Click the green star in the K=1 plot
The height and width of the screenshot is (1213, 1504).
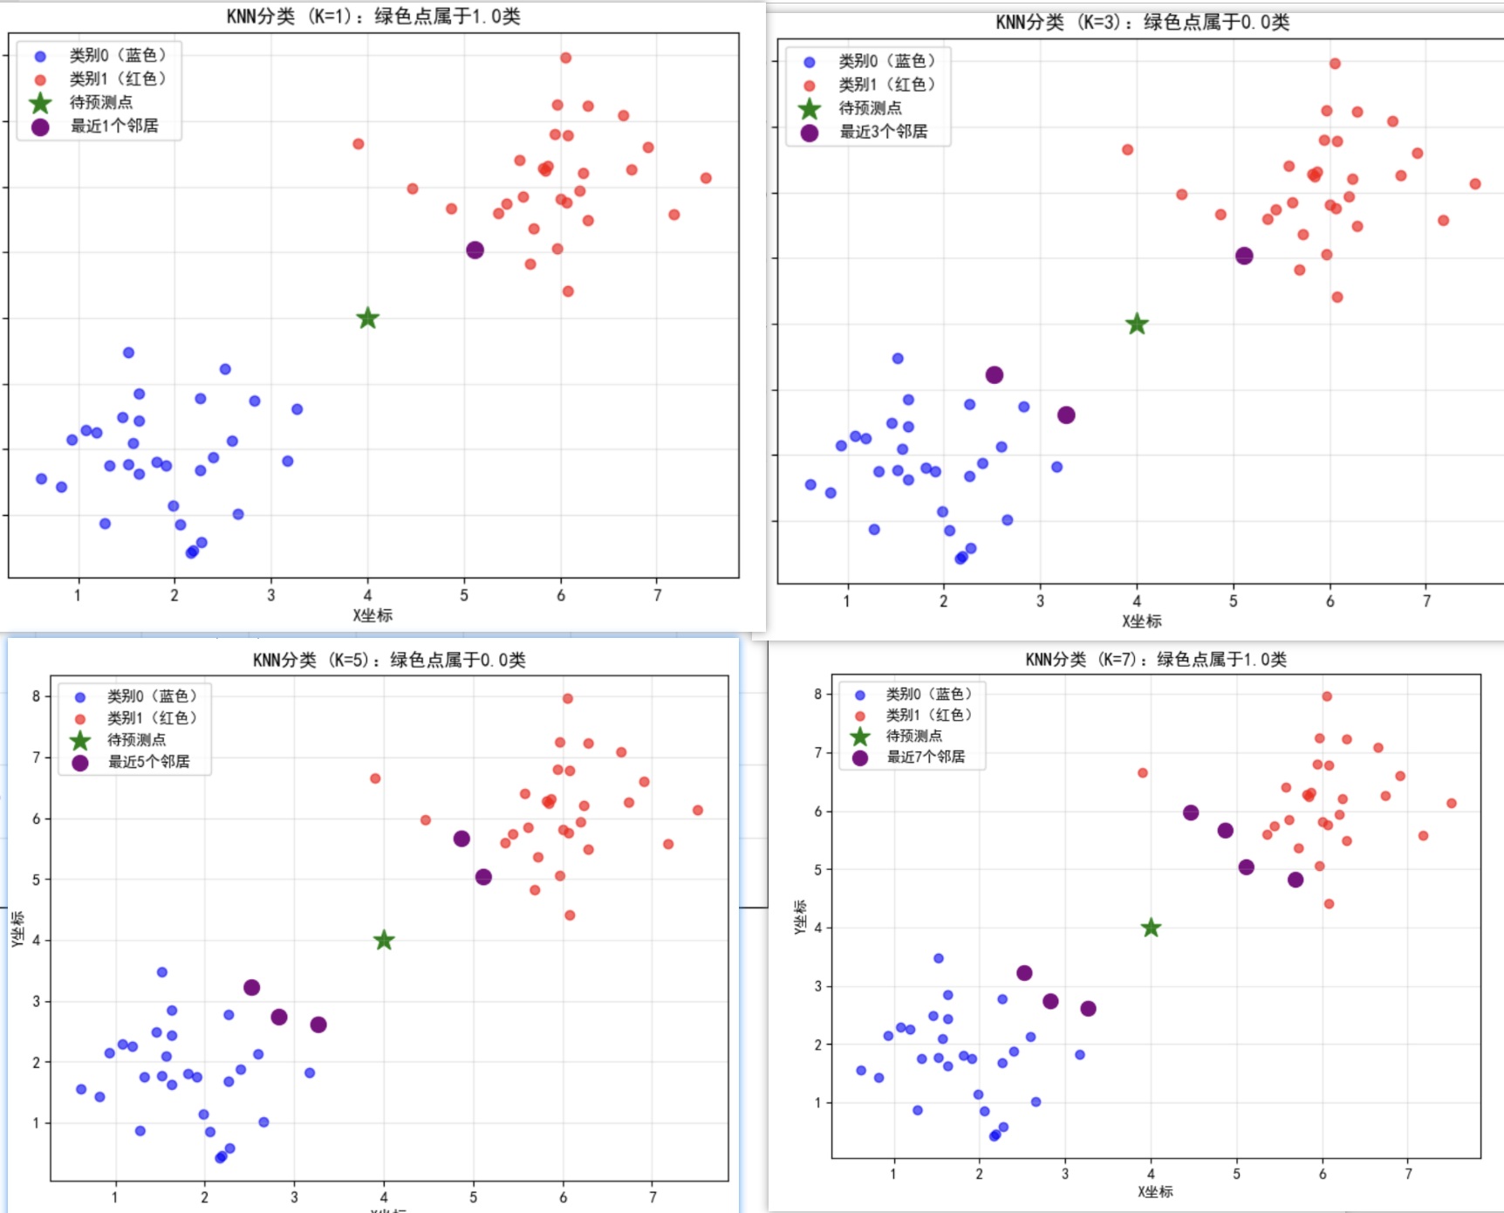pos(367,319)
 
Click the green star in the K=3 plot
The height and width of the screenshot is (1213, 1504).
pos(1137,325)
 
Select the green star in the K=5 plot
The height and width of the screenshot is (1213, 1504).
pos(384,940)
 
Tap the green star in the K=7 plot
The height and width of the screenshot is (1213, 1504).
pos(1151,928)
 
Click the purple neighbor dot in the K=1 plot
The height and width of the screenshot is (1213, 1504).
pos(475,250)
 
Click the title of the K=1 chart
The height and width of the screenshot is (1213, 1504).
pos(373,17)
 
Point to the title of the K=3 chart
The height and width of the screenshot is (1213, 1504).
pos(1142,23)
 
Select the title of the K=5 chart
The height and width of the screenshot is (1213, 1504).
pos(389,660)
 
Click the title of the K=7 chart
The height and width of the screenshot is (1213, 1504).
pos(1156,659)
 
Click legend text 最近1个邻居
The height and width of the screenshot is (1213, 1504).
pos(114,126)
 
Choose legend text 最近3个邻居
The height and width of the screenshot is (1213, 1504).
pos(883,132)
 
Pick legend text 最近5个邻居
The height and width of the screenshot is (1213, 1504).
pos(148,762)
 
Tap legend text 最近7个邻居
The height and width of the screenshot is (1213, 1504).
pos(926,757)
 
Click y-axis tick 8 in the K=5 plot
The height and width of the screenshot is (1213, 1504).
pos(36,696)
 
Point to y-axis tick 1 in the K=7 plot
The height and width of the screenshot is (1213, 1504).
pos(817,1102)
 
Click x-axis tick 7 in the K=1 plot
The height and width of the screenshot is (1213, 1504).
pos(658,595)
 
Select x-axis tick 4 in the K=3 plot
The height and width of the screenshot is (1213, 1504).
pos(1137,601)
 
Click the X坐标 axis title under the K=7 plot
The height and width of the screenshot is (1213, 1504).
pos(1155,1191)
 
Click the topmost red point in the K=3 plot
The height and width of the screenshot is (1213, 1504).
pos(1335,64)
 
